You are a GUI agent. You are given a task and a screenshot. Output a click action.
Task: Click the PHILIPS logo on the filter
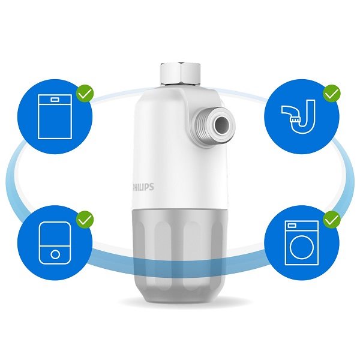[x=143, y=187]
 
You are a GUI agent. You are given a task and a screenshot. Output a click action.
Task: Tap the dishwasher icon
[x=55, y=116]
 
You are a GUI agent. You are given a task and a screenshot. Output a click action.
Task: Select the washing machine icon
[x=301, y=243]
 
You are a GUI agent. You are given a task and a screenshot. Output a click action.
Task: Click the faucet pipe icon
[x=298, y=116]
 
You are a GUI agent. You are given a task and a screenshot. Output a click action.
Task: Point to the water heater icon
[x=55, y=243]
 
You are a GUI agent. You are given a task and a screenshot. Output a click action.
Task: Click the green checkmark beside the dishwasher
[x=85, y=93]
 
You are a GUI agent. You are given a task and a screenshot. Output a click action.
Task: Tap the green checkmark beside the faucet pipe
[x=332, y=93]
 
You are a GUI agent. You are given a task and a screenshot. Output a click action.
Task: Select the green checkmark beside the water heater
[x=85, y=220]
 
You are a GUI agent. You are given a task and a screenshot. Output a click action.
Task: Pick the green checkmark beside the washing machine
[x=332, y=220]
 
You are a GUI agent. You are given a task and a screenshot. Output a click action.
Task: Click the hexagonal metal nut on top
[x=180, y=73]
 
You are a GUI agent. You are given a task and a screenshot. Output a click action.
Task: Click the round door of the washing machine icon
[x=301, y=247]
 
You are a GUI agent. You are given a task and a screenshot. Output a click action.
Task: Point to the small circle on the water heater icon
[x=55, y=254]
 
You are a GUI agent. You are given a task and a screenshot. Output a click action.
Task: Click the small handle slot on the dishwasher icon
[x=55, y=100]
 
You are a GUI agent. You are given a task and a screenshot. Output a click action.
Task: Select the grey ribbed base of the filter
[x=178, y=256]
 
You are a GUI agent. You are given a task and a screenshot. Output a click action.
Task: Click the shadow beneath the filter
[x=179, y=301]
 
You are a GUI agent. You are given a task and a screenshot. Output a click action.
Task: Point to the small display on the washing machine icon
[x=292, y=226]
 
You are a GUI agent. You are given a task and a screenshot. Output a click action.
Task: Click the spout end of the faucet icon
[x=295, y=119]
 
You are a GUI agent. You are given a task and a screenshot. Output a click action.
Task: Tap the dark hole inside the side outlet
[x=222, y=125]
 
